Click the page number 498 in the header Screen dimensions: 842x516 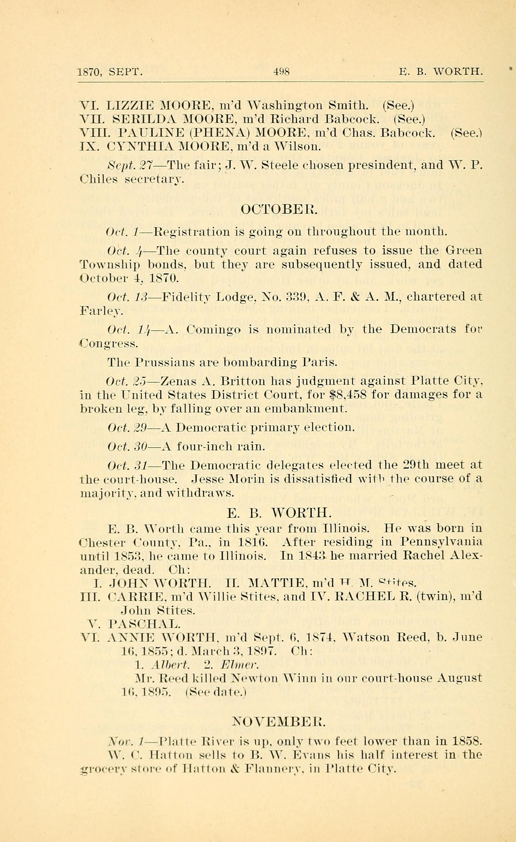click(281, 72)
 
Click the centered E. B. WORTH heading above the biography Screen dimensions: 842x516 click(279, 512)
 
